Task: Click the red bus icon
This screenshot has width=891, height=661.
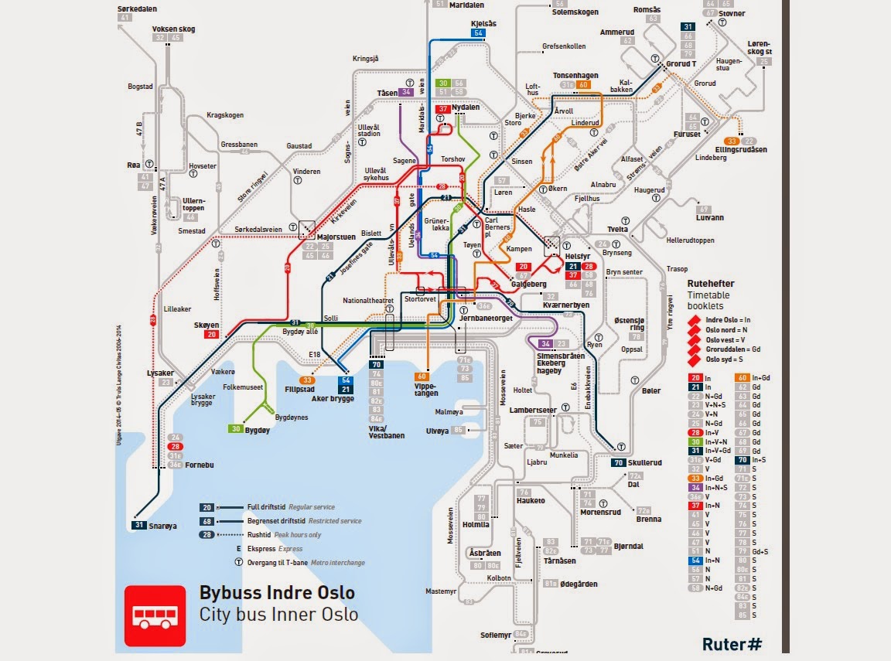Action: [x=155, y=615]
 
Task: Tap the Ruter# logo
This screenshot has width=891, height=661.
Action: [x=732, y=642]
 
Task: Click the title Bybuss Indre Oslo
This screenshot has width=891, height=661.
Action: [x=277, y=593]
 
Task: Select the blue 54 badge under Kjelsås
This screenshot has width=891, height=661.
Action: [x=478, y=33]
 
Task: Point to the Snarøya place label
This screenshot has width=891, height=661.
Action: [x=162, y=526]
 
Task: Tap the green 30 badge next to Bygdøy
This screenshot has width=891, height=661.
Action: [x=235, y=428]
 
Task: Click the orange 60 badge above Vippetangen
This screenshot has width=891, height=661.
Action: [x=422, y=376]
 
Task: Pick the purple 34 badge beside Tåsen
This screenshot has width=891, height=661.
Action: [x=407, y=92]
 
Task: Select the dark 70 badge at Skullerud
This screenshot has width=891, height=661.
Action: [x=617, y=462]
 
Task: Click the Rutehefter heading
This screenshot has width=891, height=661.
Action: [x=711, y=284]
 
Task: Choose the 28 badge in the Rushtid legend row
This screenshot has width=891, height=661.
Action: [x=207, y=534]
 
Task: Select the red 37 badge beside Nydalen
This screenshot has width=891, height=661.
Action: [x=443, y=109]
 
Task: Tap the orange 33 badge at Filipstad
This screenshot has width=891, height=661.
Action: [x=308, y=380]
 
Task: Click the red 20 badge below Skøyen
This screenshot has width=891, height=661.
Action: [x=210, y=335]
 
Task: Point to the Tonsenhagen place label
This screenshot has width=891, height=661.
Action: [x=575, y=76]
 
